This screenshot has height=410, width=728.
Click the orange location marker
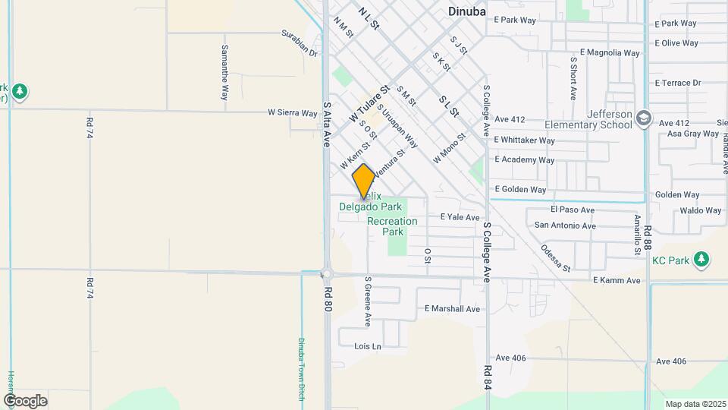click(x=364, y=181)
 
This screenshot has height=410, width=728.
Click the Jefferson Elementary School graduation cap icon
click(x=644, y=118)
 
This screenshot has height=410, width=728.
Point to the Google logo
click(x=25, y=400)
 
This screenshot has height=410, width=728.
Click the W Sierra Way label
click(x=292, y=113)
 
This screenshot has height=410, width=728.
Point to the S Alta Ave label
click(x=328, y=125)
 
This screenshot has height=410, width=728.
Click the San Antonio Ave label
click(x=565, y=225)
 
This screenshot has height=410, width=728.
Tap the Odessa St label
click(x=556, y=257)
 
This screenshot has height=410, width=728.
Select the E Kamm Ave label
click(x=617, y=280)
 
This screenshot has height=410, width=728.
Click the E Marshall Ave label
click(x=452, y=309)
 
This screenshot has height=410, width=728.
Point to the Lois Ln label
click(x=368, y=346)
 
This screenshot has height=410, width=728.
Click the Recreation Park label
click(x=392, y=226)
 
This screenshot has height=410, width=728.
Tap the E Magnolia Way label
click(x=610, y=53)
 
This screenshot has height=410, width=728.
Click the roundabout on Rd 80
click(x=328, y=274)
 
